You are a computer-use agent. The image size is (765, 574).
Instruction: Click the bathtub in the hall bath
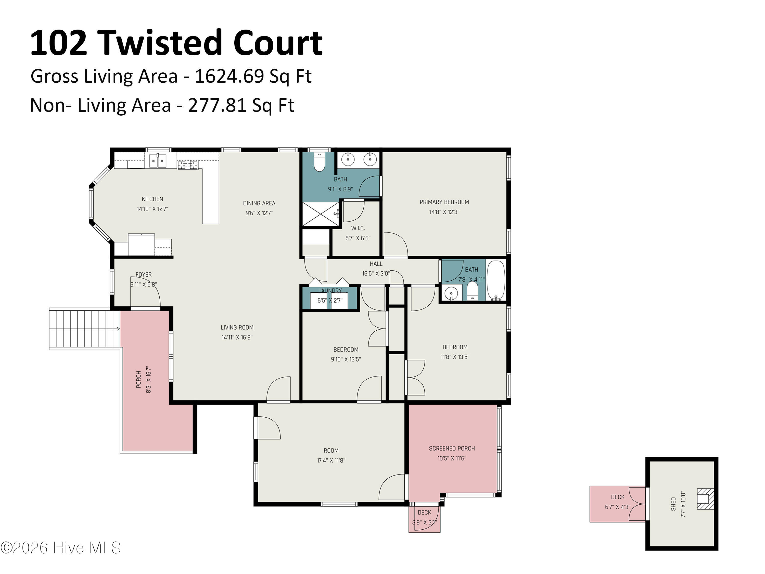point(496,280)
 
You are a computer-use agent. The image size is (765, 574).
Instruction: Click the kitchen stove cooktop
point(187,165)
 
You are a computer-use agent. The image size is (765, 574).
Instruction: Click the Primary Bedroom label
point(444,202)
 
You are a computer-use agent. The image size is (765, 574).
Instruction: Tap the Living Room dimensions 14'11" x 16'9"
point(237,337)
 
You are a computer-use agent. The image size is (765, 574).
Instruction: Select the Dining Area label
point(259,203)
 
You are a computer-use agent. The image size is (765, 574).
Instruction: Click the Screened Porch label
point(452,448)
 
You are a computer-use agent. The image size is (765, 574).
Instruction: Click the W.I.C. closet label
point(358,228)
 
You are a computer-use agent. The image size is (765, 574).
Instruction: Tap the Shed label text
point(673,504)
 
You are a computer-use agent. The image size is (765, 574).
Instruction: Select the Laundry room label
point(330,291)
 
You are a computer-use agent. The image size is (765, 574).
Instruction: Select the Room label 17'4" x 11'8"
point(331,455)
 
